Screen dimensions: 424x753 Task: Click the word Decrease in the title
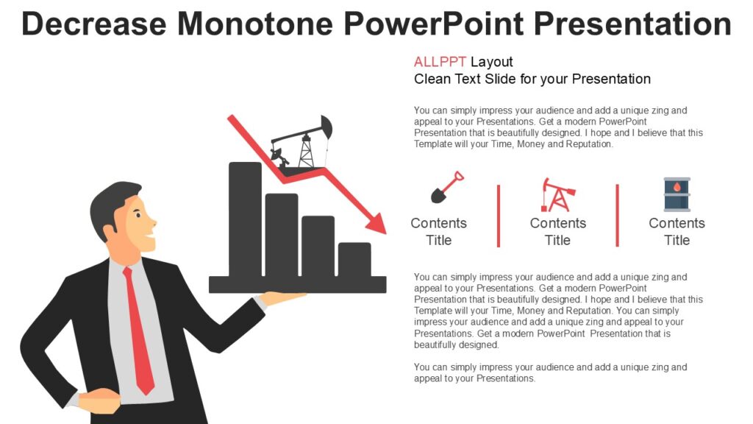pos(95,24)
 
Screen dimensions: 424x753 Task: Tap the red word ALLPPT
pos(440,62)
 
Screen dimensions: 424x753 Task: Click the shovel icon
pos(446,188)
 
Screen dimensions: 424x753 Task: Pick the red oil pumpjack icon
pos(557,195)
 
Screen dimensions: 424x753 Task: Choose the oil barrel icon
pos(677,195)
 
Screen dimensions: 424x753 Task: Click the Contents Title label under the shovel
pos(438,231)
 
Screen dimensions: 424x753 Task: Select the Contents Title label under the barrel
pos(677,231)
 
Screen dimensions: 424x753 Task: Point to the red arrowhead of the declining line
pos(376,224)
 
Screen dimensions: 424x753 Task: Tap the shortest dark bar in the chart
pos(354,259)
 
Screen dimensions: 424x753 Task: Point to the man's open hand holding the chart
pos(282,298)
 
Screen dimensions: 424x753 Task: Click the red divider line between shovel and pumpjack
pos(499,216)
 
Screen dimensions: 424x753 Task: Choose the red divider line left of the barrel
pos(617,216)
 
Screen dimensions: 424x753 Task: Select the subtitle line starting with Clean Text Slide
pos(532,79)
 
